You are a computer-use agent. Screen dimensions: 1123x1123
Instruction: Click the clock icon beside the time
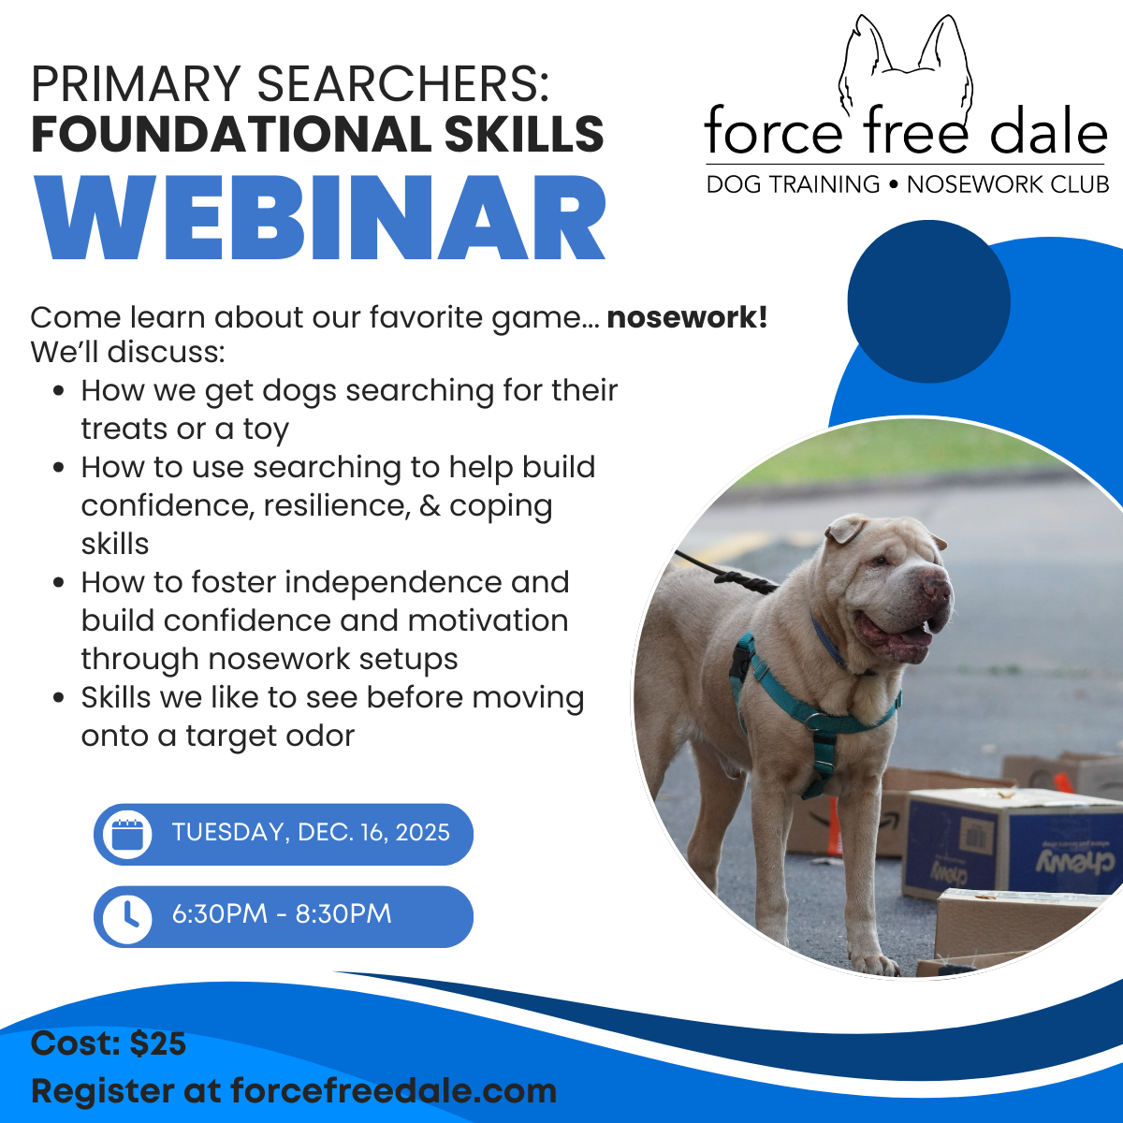click(126, 917)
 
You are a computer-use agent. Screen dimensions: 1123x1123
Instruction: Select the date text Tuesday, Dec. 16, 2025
click(311, 833)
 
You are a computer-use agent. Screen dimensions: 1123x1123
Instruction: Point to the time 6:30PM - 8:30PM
click(282, 914)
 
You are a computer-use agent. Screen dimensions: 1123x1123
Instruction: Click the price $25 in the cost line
click(158, 1043)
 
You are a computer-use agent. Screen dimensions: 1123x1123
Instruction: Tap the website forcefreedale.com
click(393, 1090)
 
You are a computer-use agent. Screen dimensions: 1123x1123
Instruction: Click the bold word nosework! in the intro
click(687, 317)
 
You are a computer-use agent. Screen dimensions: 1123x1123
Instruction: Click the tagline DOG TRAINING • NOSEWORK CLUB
click(907, 184)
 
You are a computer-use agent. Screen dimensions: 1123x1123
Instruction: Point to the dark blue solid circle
click(928, 301)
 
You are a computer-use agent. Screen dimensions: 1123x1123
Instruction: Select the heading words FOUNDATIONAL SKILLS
click(317, 134)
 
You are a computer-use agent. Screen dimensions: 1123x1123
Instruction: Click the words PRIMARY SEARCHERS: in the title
click(289, 84)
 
